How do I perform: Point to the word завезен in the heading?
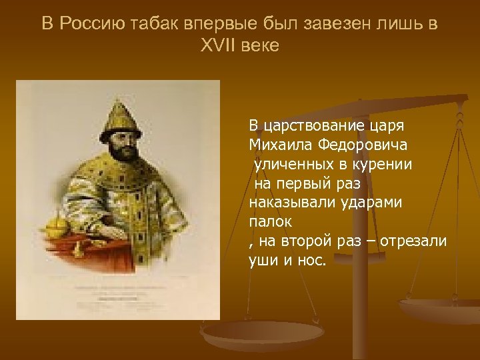324,24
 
